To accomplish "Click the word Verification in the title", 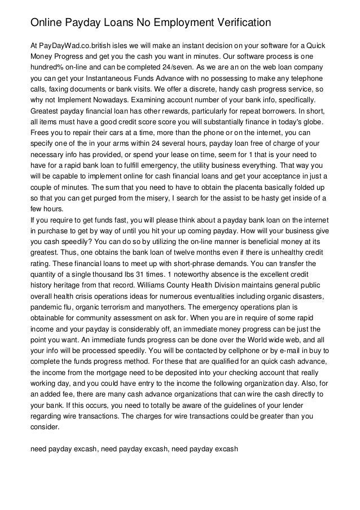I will click(x=241, y=23).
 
